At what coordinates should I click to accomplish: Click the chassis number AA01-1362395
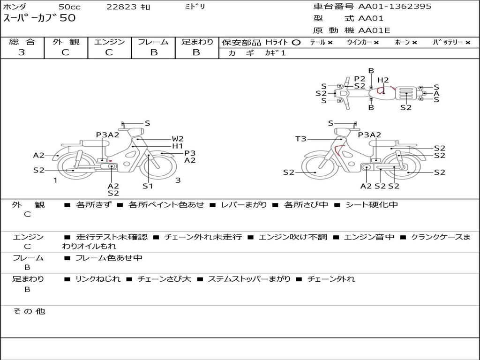395,6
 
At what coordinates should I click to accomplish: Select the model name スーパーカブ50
39,18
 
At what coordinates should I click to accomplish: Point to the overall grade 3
22,52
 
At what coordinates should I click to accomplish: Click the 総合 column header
22,42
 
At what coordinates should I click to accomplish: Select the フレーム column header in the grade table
153,42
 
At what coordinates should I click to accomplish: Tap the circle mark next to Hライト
296,43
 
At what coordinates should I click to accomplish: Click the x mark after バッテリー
468,43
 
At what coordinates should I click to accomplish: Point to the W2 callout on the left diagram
178,139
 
